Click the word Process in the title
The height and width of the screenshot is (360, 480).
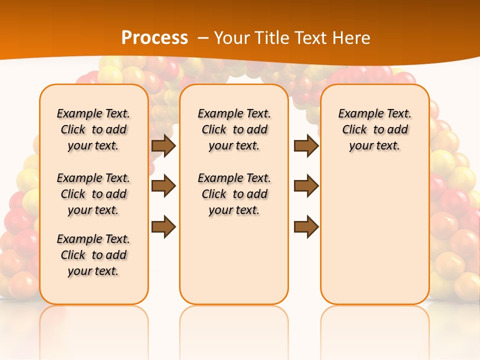tap(154, 37)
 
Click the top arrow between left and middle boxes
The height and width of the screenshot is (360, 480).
tap(163, 145)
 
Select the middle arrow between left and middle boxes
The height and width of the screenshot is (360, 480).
tap(163, 186)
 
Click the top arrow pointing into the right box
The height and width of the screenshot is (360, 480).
tap(306, 145)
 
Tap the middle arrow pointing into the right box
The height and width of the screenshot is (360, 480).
tap(306, 186)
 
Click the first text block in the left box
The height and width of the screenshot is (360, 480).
tap(93, 129)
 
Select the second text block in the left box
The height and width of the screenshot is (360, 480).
tap(93, 194)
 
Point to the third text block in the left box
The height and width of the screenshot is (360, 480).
tap(93, 255)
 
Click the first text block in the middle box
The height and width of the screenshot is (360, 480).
tap(234, 129)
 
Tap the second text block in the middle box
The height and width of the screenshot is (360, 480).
tap(234, 194)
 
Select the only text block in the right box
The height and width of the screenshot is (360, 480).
tap(375, 129)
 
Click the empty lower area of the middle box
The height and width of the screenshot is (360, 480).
tap(234, 260)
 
